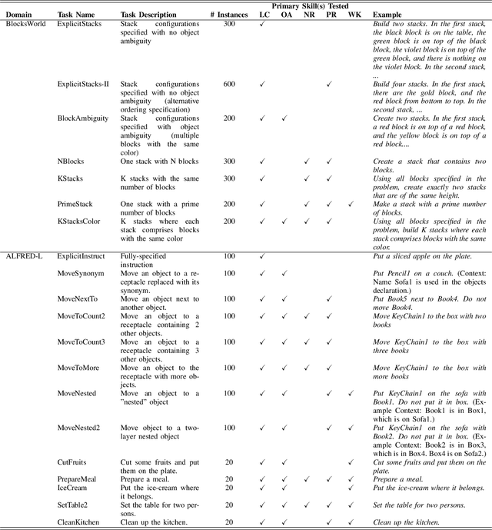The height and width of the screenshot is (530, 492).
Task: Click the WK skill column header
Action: pyautogui.click(x=354, y=15)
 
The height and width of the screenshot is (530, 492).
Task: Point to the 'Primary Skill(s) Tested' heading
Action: pyautogui.click(x=309, y=5)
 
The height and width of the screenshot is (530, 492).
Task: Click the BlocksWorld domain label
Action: pyautogui.click(x=26, y=24)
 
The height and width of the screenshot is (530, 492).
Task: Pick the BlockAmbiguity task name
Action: pyautogui.click(x=82, y=118)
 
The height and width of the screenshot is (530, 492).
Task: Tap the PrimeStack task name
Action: pyautogui.click(x=75, y=203)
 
